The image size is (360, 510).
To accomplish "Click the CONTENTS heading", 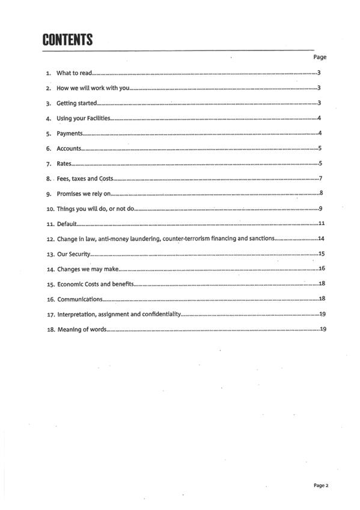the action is [67, 40].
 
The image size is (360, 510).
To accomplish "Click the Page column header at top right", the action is [320, 57].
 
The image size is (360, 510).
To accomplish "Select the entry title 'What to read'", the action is [74, 73].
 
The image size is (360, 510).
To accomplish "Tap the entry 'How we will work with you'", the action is [93, 88].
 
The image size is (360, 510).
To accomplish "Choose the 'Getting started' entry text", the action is [76, 103].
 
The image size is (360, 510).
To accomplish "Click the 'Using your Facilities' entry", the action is [83, 118].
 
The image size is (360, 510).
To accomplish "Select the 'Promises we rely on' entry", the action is [84, 194].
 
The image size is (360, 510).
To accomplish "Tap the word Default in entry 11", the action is [66, 224].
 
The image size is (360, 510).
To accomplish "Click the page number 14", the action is [321, 239].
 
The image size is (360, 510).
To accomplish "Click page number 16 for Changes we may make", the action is [322, 269].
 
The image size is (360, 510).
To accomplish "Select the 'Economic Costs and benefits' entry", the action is [95, 284].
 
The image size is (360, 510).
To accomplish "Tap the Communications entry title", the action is [79, 299].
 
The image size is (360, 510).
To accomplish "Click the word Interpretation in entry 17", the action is [76, 314].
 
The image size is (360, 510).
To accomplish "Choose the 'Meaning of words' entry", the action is [82, 329].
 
